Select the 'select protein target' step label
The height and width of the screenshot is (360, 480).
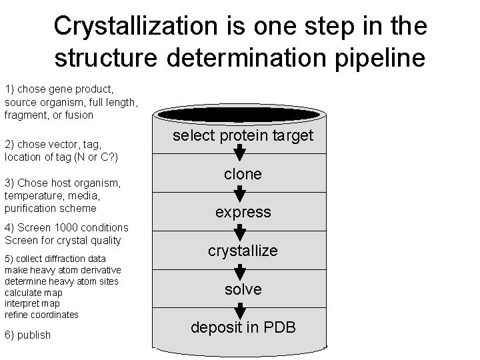click(243, 135)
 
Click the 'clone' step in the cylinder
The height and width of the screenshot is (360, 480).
click(243, 174)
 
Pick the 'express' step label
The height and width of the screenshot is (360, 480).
click(243, 213)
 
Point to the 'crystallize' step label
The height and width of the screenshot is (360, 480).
click(243, 251)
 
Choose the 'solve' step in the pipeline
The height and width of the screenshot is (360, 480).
click(243, 289)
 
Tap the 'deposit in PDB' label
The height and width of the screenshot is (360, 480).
click(243, 327)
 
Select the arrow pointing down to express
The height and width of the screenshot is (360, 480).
click(241, 194)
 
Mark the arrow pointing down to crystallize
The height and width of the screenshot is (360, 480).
click(241, 233)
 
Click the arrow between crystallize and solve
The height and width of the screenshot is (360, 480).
click(241, 271)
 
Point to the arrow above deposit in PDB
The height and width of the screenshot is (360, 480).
click(241, 309)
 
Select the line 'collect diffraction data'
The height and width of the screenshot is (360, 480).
click(55, 259)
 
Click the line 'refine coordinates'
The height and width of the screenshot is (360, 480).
click(41, 314)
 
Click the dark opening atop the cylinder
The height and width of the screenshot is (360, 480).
click(240, 111)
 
